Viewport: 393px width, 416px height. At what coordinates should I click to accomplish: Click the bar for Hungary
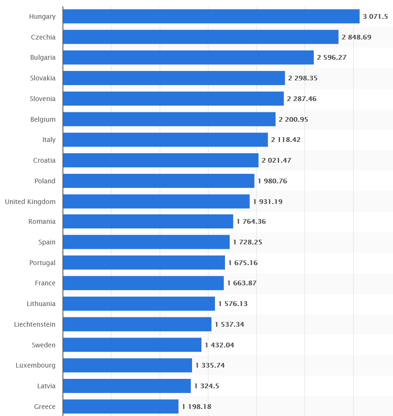coord(211,16)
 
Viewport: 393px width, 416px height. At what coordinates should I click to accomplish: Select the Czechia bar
coord(201,37)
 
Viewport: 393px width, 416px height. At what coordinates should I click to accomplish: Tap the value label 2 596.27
coord(332,57)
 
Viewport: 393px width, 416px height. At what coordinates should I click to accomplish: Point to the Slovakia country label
coord(42,78)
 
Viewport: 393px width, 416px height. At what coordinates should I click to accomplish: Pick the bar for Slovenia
coord(173,99)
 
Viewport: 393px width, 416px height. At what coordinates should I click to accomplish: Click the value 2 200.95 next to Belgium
coord(293,119)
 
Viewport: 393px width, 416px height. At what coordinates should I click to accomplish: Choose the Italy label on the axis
coord(49,140)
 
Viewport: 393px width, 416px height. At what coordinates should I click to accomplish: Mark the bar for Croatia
coord(160,160)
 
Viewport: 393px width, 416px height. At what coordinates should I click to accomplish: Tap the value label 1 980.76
coord(272,181)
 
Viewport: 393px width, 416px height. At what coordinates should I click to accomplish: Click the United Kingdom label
coord(30,202)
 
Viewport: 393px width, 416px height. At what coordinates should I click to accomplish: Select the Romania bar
coord(148,221)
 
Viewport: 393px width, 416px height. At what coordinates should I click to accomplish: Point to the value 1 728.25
coord(248,242)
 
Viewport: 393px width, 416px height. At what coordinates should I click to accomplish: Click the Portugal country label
coord(42,263)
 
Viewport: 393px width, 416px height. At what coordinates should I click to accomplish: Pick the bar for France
coord(143,283)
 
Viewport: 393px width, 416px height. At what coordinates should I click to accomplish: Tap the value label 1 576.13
coord(233,304)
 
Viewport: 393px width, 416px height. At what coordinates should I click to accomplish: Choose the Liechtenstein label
coord(35,324)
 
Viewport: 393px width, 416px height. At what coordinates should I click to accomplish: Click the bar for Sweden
coord(132,345)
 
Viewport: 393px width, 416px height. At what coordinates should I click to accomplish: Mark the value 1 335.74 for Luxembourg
coord(210,365)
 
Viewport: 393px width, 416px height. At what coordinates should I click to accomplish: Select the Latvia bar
coord(127,386)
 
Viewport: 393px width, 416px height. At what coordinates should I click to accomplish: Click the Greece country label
coord(45,407)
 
